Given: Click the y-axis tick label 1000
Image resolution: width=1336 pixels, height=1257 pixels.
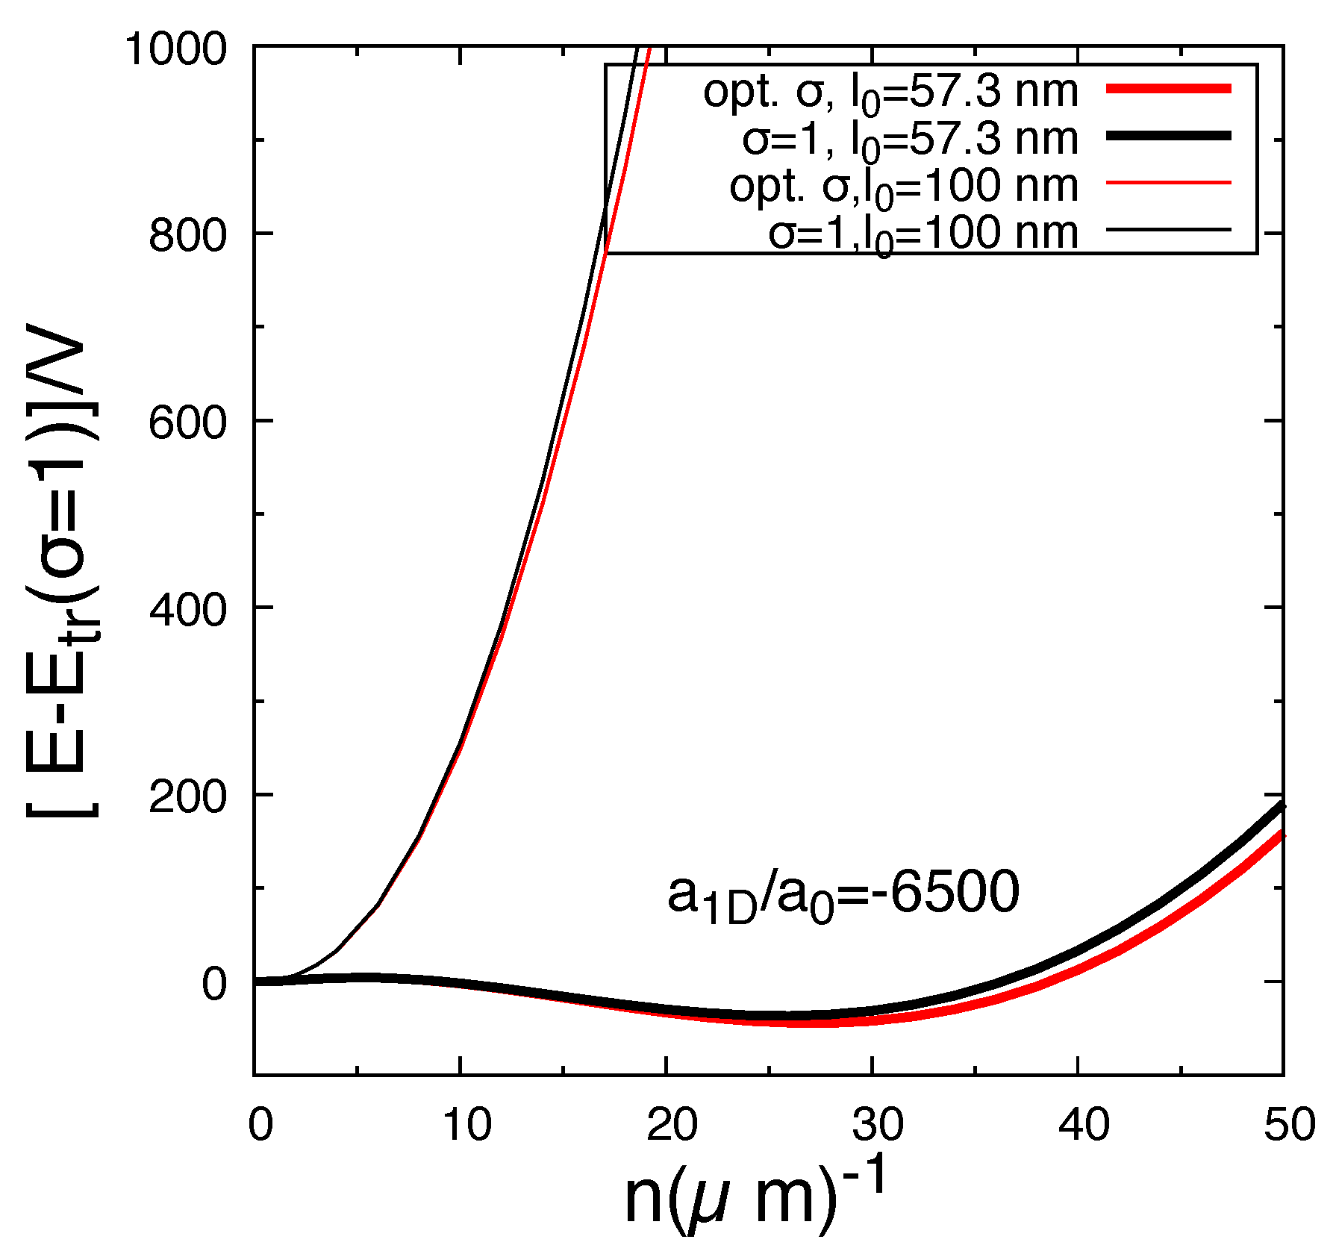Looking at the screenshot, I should pos(175,51).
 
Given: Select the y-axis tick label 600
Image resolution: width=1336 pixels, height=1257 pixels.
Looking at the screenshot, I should pos(187,424).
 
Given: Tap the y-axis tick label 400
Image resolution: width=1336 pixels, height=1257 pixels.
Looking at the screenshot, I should pos(187,611).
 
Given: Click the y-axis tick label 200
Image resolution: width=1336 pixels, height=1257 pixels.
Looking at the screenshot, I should pos(187,798).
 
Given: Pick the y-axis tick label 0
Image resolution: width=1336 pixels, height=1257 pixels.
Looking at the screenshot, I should pos(213,985).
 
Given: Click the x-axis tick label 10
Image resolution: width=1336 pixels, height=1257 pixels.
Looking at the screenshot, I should pos(466,1123).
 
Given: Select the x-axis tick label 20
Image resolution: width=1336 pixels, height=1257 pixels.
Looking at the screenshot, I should pos(672,1123).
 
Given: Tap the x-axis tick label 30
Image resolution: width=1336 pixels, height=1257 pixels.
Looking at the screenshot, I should pos(878,1123).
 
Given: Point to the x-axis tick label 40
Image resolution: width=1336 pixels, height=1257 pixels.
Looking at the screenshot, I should pos(1084,1123).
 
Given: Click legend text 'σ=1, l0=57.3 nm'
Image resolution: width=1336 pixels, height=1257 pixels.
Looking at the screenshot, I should pos(910,140).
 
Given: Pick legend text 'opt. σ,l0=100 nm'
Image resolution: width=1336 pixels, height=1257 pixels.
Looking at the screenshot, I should pos(903,187).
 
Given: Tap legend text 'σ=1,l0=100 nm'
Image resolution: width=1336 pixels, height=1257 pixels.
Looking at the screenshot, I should pos(923,234).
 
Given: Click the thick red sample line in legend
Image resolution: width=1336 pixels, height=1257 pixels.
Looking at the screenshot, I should pos(1167,89).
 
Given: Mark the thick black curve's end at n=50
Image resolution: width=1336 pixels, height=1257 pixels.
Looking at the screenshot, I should pos(1282,805).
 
